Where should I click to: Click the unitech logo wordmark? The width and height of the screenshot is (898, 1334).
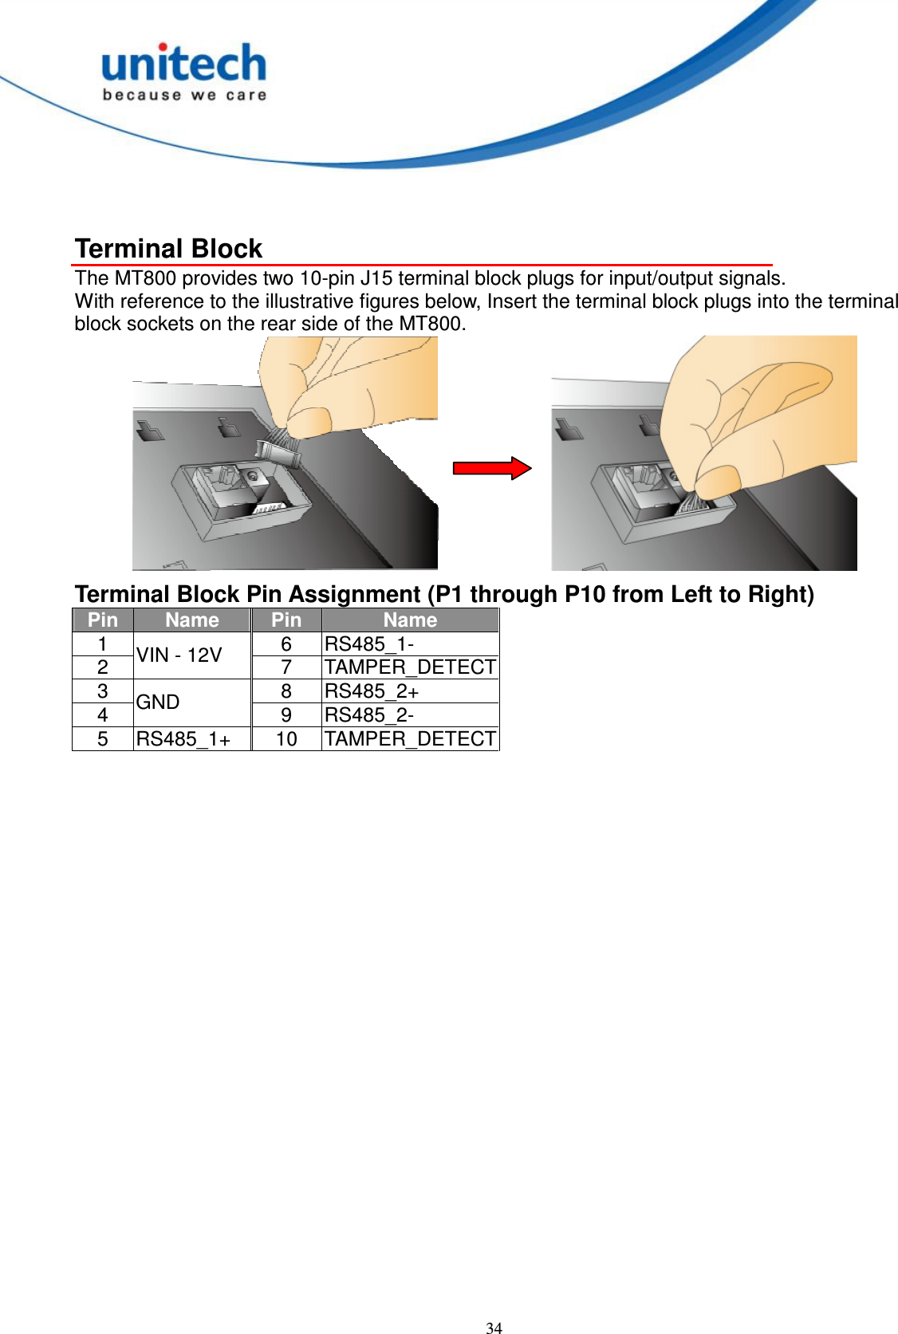point(184,64)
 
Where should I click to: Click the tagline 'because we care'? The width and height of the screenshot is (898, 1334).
point(184,96)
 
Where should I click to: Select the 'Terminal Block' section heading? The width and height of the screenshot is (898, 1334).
point(168,249)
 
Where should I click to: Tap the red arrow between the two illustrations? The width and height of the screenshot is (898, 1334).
point(491,468)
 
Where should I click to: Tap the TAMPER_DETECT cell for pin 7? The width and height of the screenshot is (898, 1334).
point(410,667)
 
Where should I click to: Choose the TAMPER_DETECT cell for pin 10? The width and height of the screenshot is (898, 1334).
point(410,739)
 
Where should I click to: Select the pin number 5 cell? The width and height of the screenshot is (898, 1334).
point(103,739)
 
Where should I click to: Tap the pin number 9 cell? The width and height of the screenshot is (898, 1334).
point(286,715)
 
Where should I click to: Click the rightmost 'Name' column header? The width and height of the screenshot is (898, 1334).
point(410,620)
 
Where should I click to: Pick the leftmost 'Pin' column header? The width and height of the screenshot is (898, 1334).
point(103,620)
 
